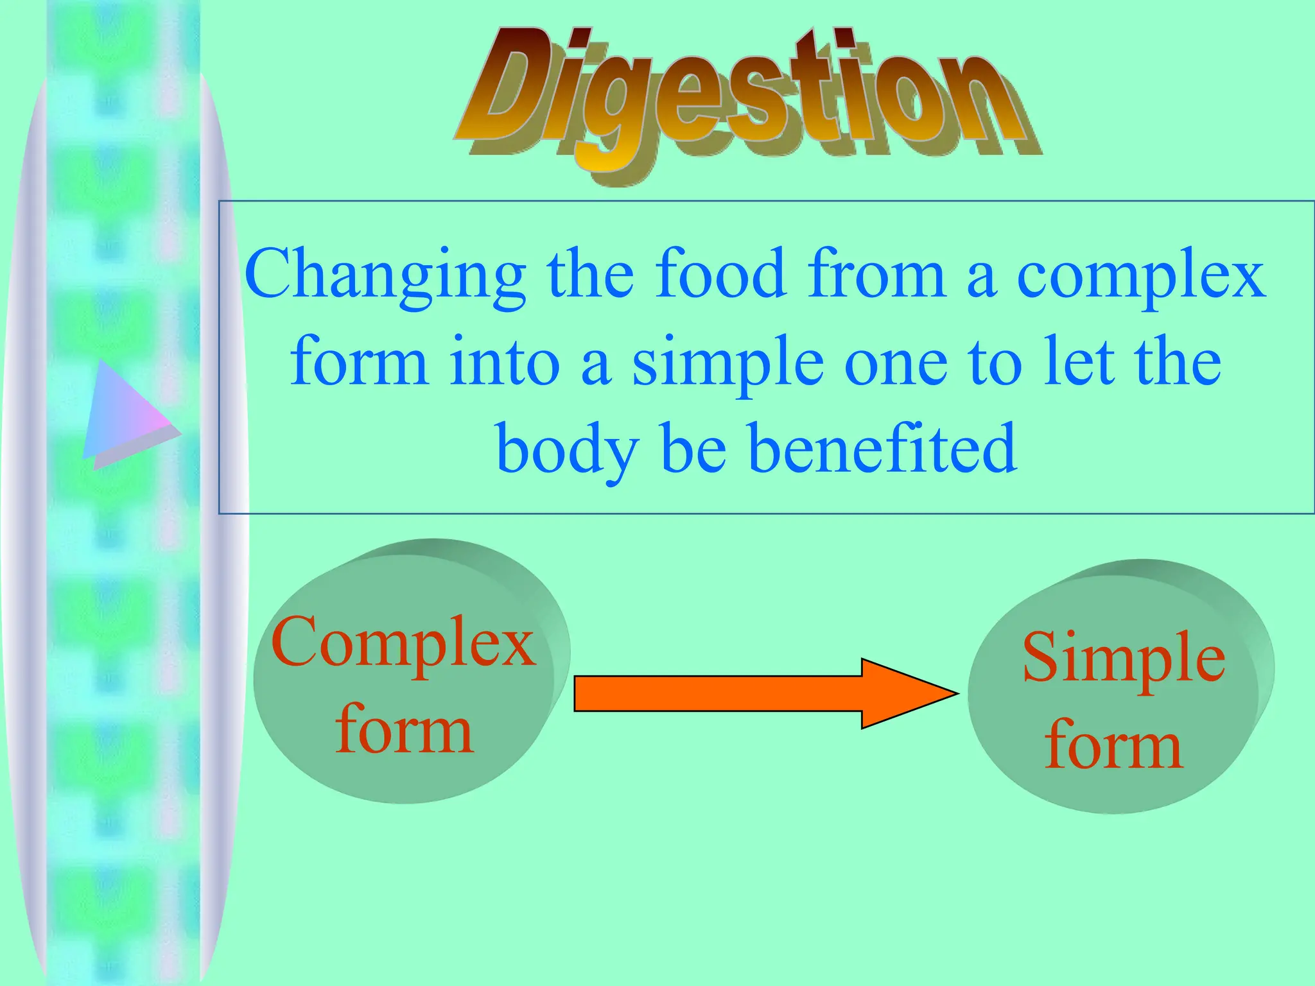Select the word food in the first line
(720, 275)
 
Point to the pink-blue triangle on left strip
(125, 414)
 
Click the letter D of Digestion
(507, 87)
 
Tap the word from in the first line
(877, 275)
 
